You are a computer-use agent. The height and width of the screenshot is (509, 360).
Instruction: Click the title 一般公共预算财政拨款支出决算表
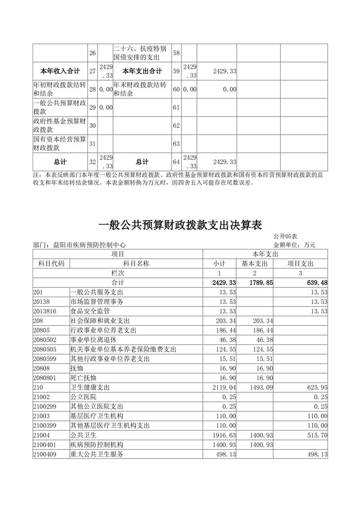(x=180, y=225)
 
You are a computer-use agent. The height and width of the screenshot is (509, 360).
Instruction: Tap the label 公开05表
(x=285, y=237)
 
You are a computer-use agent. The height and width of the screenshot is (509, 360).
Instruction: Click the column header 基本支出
(x=254, y=264)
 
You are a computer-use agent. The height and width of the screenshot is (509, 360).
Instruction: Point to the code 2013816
(x=45, y=311)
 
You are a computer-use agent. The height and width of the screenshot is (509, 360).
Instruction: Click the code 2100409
(x=45, y=454)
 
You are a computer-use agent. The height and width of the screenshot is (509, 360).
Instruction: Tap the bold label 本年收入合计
(x=60, y=71)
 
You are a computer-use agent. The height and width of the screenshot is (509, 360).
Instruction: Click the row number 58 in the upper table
(x=177, y=53)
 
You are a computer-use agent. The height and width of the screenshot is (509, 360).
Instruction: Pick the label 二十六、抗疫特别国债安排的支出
(x=142, y=53)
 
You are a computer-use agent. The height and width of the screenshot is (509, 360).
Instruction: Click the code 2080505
(x=45, y=349)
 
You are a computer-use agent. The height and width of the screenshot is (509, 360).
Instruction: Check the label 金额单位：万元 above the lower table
(x=294, y=245)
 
